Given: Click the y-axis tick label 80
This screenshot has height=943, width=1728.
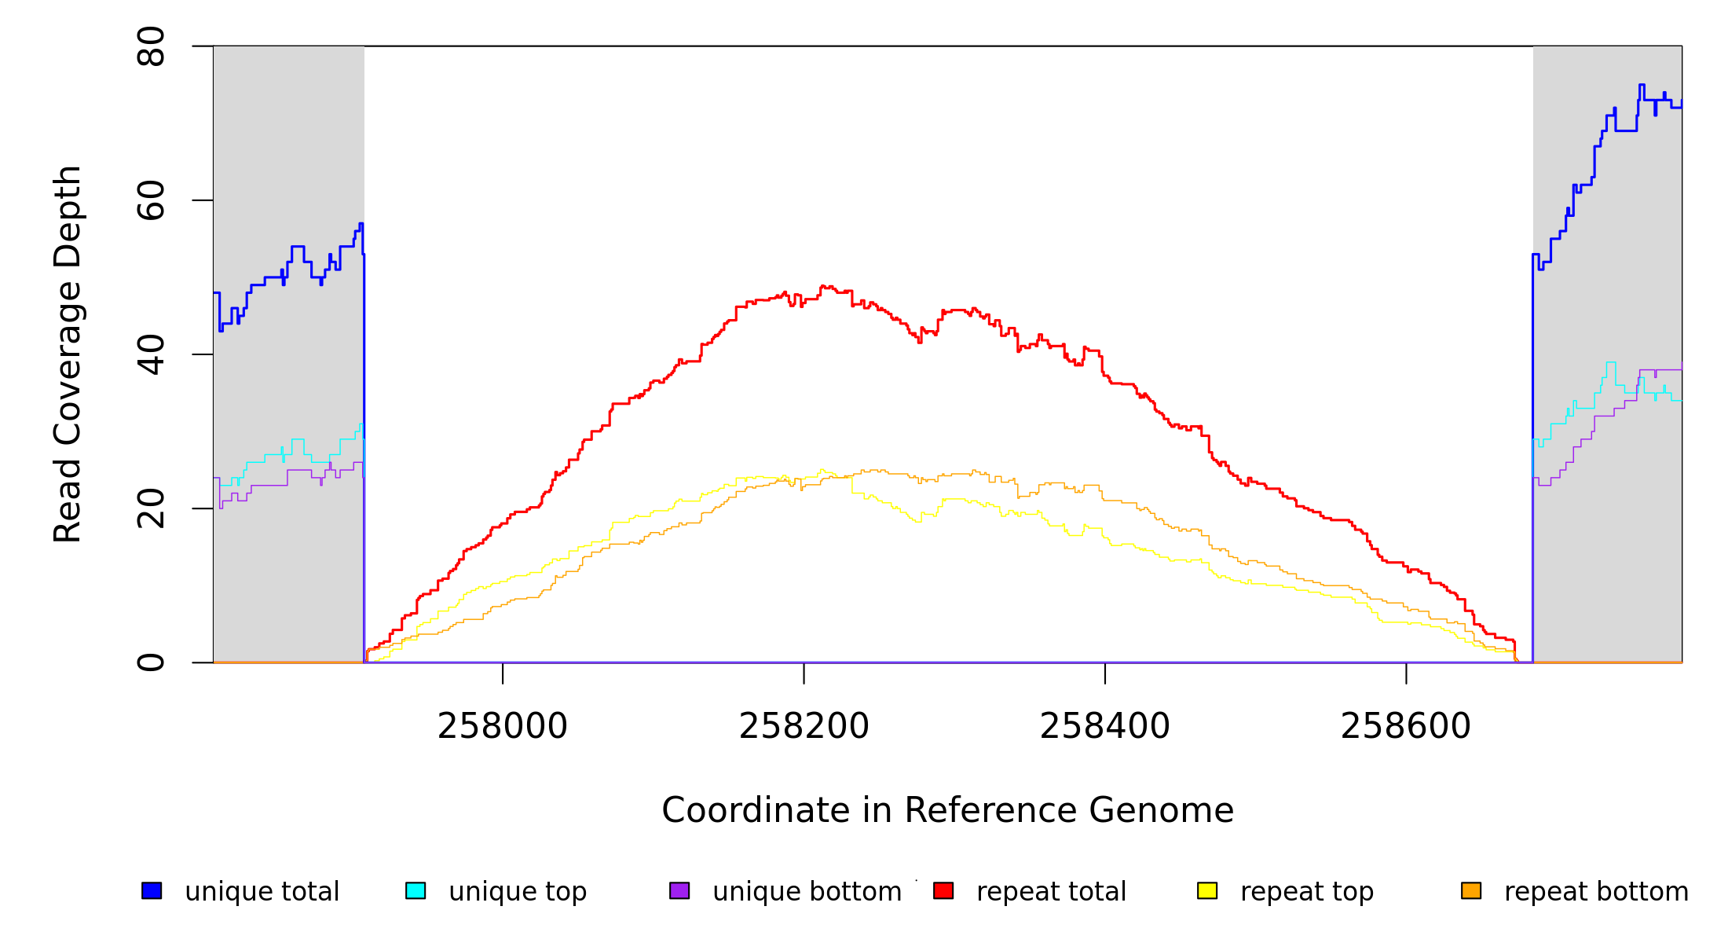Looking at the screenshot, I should click(151, 46).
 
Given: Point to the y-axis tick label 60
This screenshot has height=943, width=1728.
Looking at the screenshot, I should click(151, 200).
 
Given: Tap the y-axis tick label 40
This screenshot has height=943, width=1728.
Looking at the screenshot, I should click(151, 354).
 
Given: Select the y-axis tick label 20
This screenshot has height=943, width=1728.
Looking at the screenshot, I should click(151, 508).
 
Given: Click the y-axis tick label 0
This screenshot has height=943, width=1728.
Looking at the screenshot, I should click(151, 662).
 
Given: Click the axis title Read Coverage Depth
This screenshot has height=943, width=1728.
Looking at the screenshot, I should click(68, 354).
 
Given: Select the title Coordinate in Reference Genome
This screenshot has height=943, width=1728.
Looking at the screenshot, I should click(947, 810).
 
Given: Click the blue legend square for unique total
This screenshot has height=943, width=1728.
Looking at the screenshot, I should click(152, 891).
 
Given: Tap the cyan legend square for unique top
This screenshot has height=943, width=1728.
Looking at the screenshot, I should click(416, 891).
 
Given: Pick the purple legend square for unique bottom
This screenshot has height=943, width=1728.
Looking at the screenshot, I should click(679, 891).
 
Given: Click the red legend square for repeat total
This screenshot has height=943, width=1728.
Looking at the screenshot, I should click(943, 891).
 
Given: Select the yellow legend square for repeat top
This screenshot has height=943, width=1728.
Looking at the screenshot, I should click(1207, 891).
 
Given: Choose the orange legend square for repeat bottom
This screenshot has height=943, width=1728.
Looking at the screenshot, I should click(1471, 891).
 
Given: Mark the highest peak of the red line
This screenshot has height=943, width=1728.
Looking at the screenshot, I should click(823, 286).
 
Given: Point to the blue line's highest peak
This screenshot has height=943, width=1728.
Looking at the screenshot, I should click(1642, 85).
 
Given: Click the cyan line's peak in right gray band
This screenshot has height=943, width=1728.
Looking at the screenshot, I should click(1611, 362).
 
